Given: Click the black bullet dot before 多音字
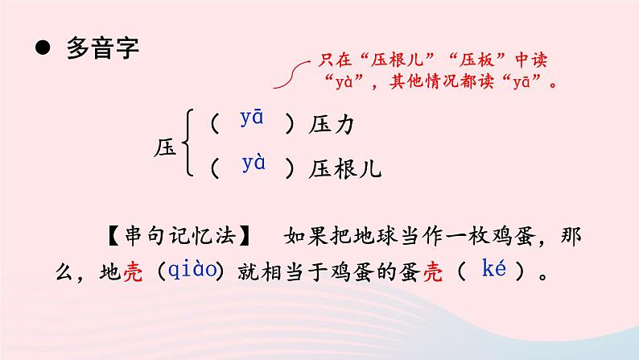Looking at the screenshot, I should [43, 49].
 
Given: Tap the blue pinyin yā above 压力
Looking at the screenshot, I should [252, 118].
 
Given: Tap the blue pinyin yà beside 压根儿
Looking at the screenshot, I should [254, 163].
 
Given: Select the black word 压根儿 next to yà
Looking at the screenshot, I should [344, 169].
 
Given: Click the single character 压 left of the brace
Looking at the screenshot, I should [164, 148].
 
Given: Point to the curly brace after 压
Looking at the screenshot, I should [188, 145].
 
